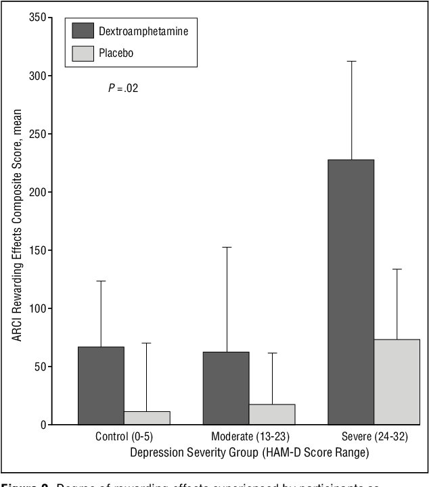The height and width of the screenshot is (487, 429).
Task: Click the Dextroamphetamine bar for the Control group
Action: pyautogui.click(x=101, y=386)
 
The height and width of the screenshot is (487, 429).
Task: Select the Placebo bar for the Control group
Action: pyautogui.click(x=147, y=417)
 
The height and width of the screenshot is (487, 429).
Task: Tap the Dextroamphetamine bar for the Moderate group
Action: pyautogui.click(x=226, y=388)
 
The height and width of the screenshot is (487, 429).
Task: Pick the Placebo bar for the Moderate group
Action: pyautogui.click(x=272, y=414)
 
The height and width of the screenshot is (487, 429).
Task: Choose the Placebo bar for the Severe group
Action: pyautogui.click(x=397, y=382)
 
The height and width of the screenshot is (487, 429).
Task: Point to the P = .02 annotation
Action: pyautogui.click(x=123, y=88)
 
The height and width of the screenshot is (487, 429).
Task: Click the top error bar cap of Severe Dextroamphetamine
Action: pyautogui.click(x=351, y=62)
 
